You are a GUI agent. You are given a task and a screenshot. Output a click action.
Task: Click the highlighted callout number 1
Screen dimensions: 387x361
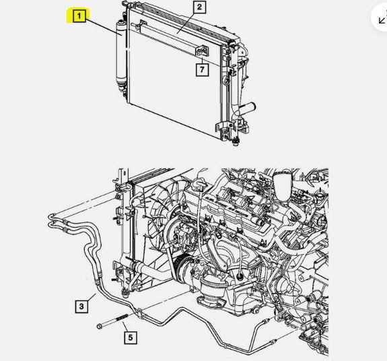pyautogui.click(x=79, y=16)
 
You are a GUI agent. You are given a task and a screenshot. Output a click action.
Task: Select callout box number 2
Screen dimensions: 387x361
pyautogui.click(x=199, y=7)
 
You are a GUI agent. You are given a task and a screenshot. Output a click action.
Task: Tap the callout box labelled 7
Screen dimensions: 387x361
pyautogui.click(x=202, y=69)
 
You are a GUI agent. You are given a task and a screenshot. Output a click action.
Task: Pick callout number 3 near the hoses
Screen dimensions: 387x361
pyautogui.click(x=81, y=306)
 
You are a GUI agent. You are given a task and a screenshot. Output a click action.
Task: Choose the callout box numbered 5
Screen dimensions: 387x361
pyautogui.click(x=131, y=337)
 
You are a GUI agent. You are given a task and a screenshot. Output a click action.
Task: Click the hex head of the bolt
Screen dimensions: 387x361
pyautogui.click(x=100, y=326)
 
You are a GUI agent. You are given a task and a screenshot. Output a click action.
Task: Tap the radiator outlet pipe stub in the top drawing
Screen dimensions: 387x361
pyautogui.click(x=249, y=108)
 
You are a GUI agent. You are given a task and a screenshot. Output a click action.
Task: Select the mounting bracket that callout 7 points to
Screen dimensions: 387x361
pyautogui.click(x=202, y=51)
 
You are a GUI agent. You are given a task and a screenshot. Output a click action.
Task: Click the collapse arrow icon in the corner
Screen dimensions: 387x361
pyautogui.click(x=382, y=20)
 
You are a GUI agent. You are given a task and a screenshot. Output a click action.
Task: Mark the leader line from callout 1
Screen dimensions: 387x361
pyautogui.click(x=104, y=28)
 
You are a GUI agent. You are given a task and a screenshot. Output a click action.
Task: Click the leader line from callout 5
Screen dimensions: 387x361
pyautogui.click(x=125, y=327)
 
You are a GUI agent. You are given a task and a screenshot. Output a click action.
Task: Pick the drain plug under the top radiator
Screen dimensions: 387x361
pyautogui.click(x=236, y=141)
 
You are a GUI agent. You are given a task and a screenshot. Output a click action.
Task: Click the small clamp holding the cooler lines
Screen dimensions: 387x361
pyautogui.click(x=140, y=313)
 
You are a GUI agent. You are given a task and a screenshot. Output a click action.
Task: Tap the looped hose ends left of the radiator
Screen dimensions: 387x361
pyautogui.click(x=51, y=220)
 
